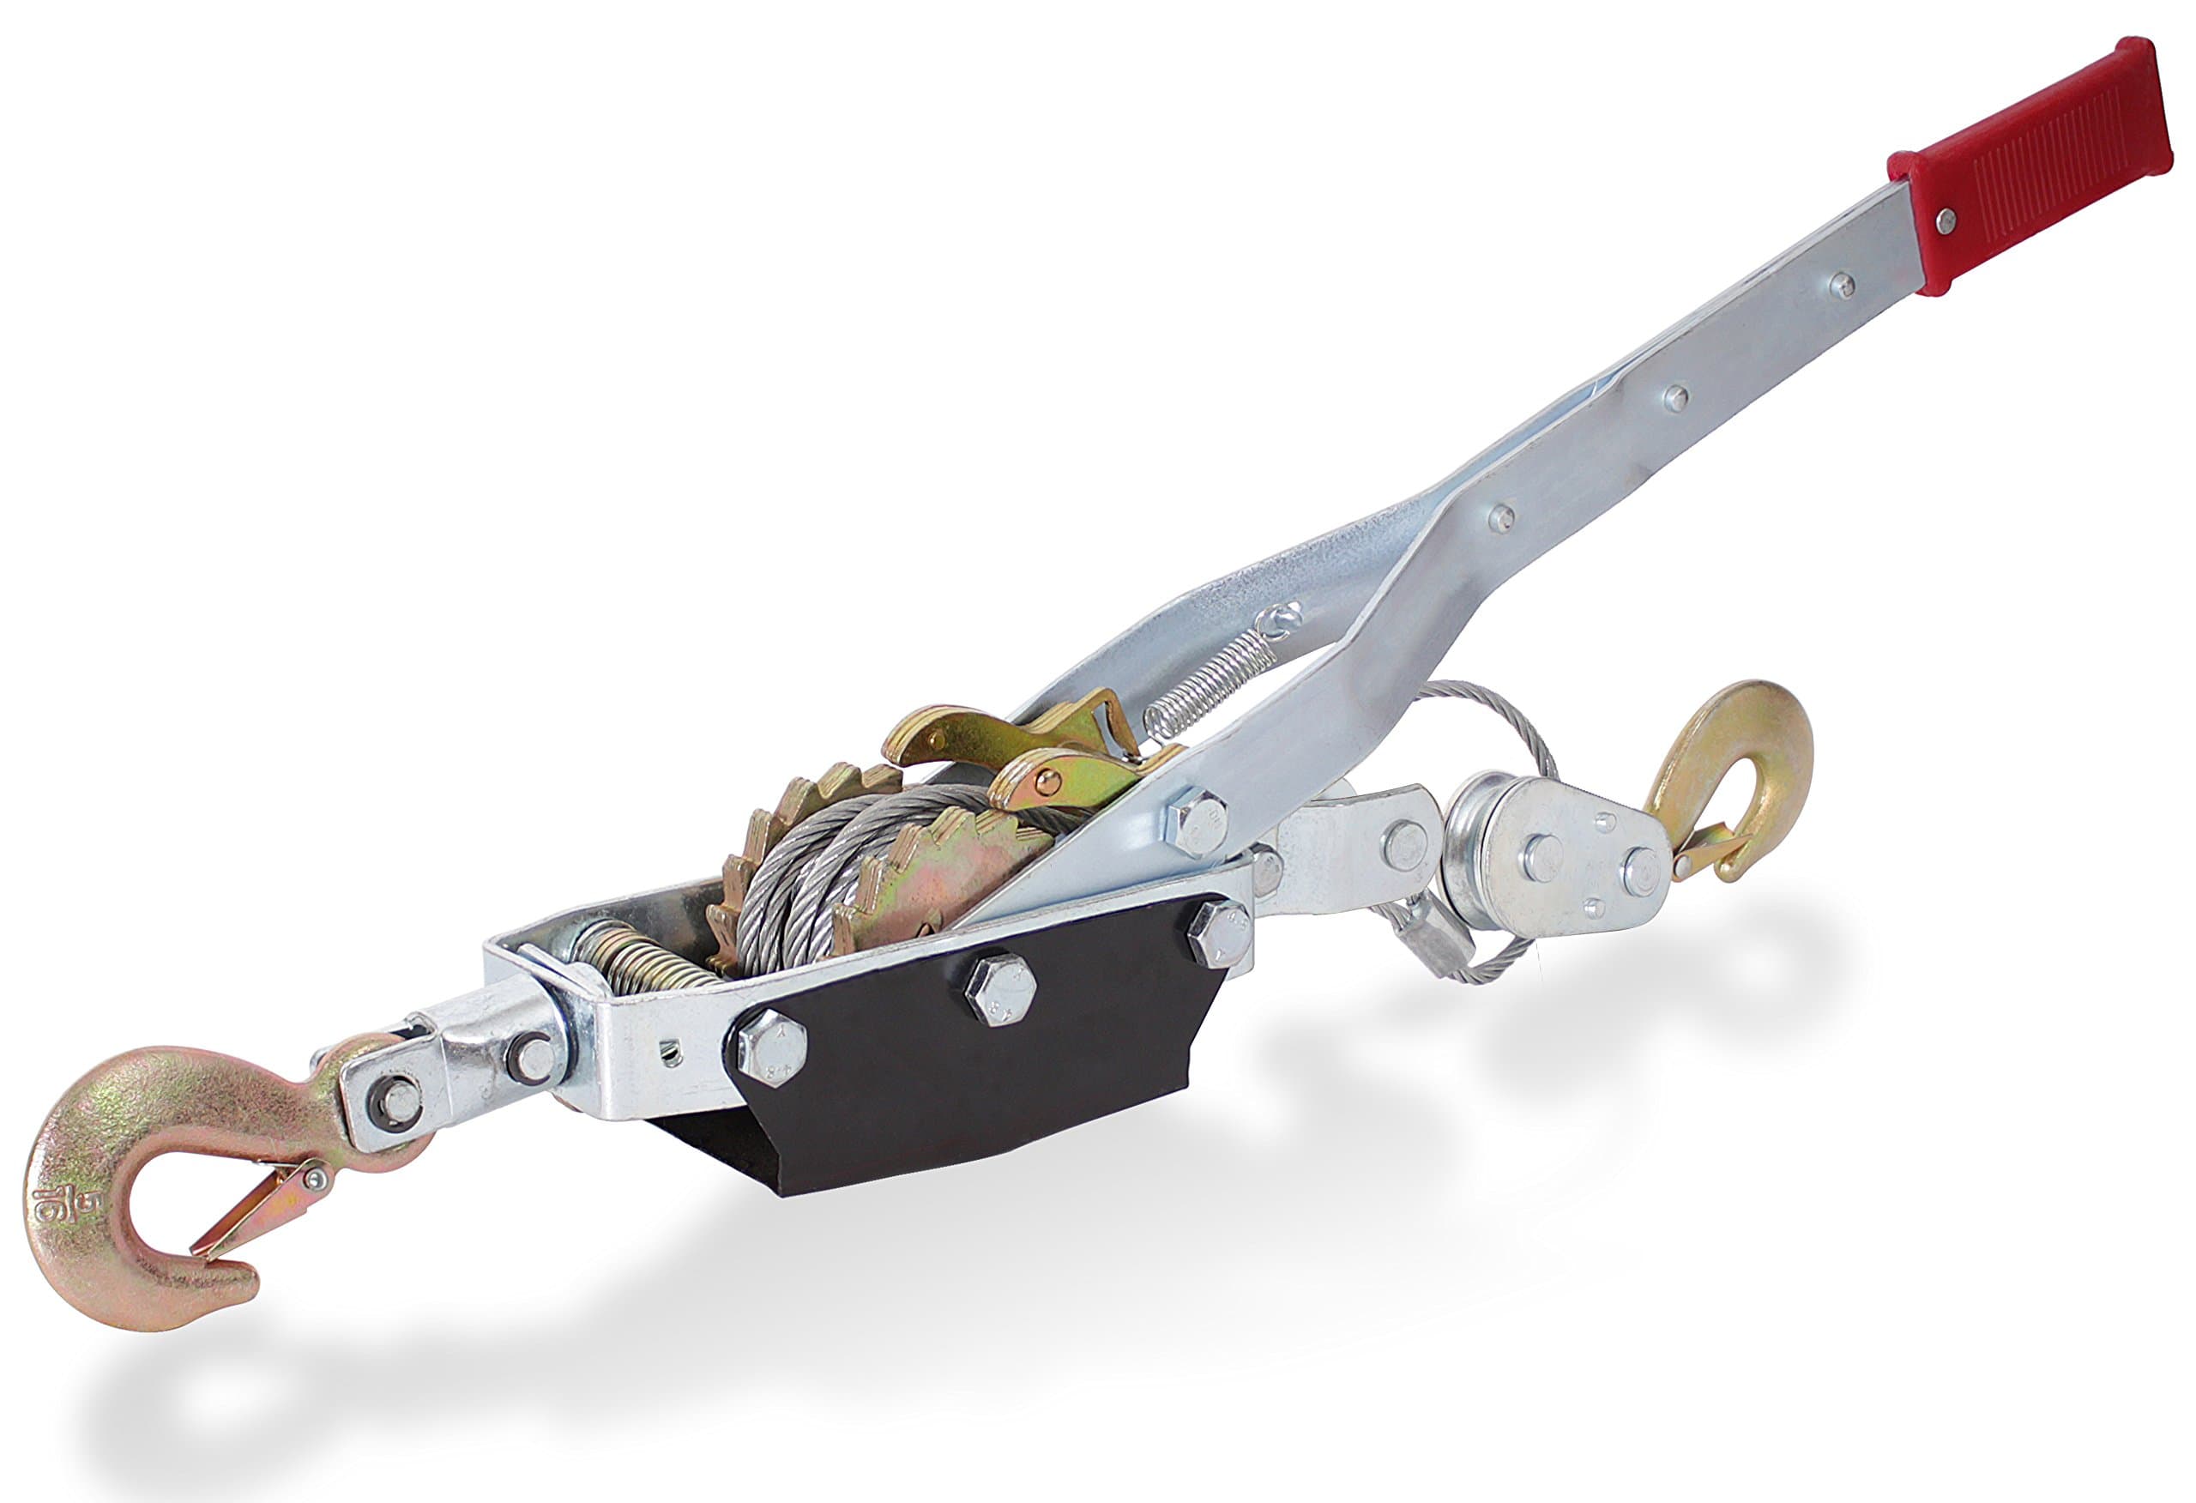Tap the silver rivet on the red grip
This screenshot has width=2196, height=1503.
[1946, 221]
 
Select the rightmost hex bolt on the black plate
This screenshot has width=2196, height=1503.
[1220, 931]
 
